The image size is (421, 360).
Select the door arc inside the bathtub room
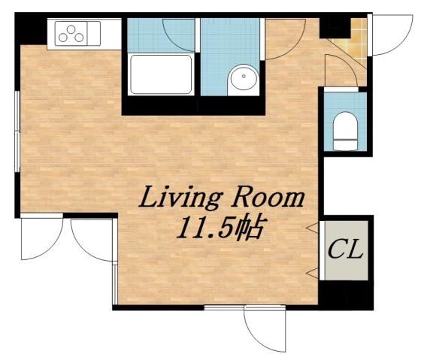(x=179, y=32)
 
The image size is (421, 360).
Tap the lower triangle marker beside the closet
(x=310, y=269)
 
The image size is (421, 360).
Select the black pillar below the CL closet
(x=344, y=295)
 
